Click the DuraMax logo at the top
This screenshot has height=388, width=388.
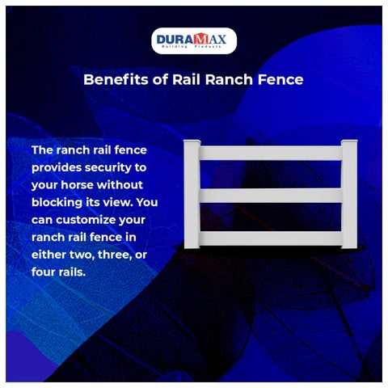click(194, 40)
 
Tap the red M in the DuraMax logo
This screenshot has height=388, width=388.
click(201, 39)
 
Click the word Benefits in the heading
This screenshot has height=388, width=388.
click(116, 79)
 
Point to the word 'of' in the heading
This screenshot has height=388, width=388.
click(160, 79)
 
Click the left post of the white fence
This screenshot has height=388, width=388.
click(192, 194)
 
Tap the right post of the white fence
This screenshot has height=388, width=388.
click(349, 194)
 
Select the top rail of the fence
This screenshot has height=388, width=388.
click(271, 153)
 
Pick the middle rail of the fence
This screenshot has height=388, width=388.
click(271, 196)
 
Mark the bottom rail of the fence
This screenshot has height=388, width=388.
click(271, 238)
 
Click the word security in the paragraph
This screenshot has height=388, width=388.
click(108, 168)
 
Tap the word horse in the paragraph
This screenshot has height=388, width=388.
click(77, 185)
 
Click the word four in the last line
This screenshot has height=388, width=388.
click(43, 272)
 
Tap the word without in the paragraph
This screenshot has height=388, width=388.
click(120, 185)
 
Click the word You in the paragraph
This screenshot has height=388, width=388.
click(147, 202)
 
